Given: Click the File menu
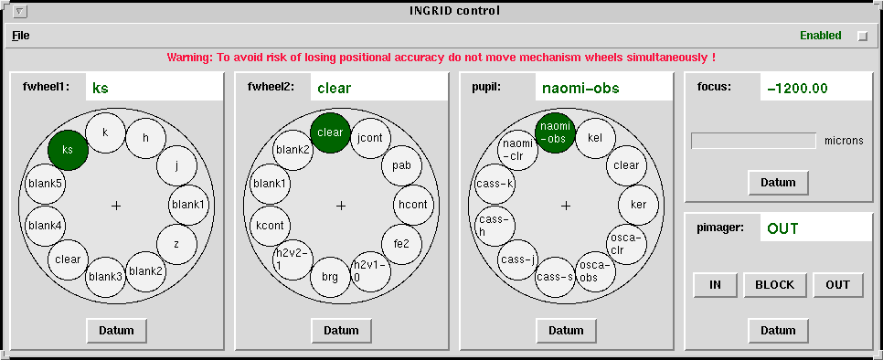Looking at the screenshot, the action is (x=21, y=36).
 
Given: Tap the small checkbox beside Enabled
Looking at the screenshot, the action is (x=862, y=36).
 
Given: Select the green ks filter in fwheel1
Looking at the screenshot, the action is (x=69, y=150).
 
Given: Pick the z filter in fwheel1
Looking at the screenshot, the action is (x=176, y=244).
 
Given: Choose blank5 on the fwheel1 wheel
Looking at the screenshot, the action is (x=46, y=184).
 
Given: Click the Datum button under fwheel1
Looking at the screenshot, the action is (x=117, y=330).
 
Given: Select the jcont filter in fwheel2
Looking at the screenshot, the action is (x=370, y=138).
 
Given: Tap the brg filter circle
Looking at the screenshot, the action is (x=331, y=277).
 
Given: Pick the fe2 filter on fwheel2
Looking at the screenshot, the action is (x=402, y=244).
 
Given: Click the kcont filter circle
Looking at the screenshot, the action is (x=271, y=226).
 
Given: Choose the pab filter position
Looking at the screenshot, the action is (x=402, y=166).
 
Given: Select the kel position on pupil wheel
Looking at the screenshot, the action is (x=596, y=138).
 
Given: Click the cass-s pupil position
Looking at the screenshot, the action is (x=555, y=277).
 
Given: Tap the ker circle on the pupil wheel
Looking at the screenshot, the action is (x=639, y=205).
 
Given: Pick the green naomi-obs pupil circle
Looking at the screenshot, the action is (x=555, y=132).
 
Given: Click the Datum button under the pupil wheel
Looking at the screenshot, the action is (x=566, y=330).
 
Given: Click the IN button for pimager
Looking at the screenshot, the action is (x=715, y=285).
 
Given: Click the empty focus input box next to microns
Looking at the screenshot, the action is (x=753, y=141).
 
